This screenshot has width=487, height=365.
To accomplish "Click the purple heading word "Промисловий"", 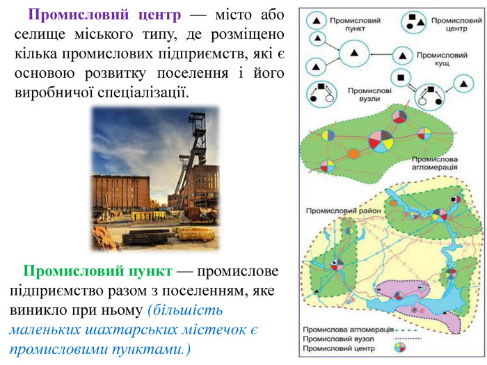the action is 78,15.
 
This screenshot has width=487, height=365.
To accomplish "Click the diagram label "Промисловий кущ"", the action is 442,59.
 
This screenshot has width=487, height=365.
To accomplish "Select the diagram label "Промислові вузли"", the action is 369,95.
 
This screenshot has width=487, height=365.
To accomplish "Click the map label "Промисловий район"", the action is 344,211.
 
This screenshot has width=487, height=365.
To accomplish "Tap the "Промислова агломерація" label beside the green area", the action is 435,163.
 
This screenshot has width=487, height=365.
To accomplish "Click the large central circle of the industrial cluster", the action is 354,54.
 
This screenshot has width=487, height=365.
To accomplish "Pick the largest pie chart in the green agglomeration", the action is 381,141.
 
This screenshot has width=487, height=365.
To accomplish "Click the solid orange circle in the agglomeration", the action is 353,154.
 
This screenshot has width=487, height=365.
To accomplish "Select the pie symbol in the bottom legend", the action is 400,348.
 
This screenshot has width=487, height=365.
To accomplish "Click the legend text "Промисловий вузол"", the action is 339,339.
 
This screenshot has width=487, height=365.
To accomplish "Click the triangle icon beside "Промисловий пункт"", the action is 316,21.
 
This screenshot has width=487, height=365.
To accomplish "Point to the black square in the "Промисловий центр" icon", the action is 412,17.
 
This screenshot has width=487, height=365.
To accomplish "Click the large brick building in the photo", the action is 121,193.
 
